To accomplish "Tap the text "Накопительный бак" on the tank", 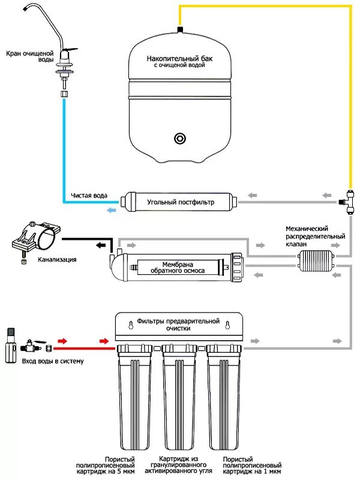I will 179,58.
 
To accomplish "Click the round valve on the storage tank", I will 179,138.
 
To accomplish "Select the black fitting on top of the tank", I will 179,29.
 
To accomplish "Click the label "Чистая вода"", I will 88,196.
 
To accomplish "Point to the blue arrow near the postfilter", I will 112,209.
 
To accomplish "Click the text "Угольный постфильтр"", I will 180,202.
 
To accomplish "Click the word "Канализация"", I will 56,260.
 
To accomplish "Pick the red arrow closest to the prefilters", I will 106,341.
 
